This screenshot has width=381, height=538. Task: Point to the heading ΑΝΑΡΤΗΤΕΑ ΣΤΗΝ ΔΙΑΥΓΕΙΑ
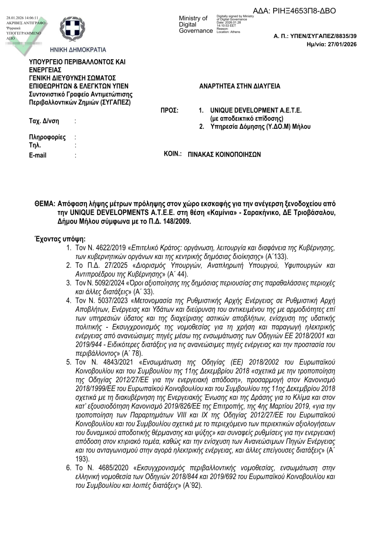[x=239, y=86]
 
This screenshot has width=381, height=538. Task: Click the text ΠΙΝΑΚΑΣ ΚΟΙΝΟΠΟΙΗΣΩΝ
[x=224, y=154]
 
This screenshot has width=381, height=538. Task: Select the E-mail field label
[x=38, y=155]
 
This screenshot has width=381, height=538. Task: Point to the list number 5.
[x=68, y=362]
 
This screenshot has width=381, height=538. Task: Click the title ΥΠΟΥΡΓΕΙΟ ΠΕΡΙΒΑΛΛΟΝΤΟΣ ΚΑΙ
[x=77, y=62]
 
